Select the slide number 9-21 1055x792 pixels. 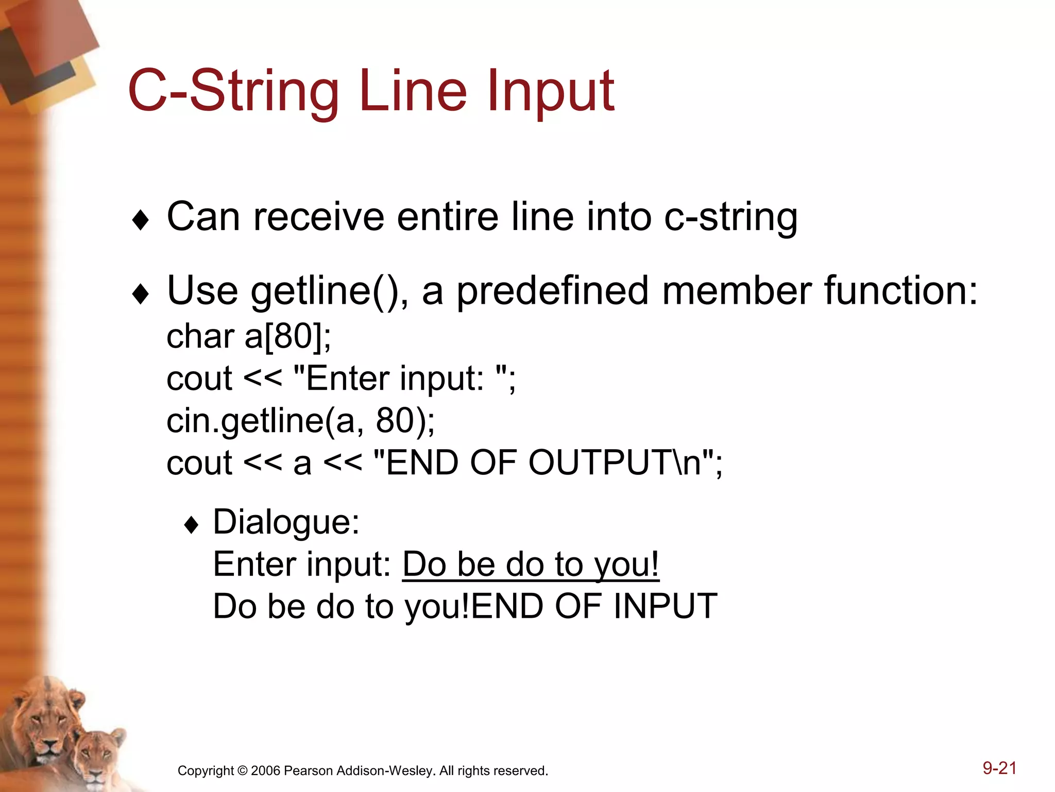999,768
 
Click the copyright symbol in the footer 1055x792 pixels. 243,771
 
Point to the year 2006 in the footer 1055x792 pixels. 265,771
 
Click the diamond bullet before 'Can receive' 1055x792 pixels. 140,221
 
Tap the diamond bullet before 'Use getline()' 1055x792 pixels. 140,294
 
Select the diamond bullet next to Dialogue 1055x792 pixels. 191,525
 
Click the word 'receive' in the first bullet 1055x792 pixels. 319,217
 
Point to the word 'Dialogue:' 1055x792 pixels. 286,522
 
